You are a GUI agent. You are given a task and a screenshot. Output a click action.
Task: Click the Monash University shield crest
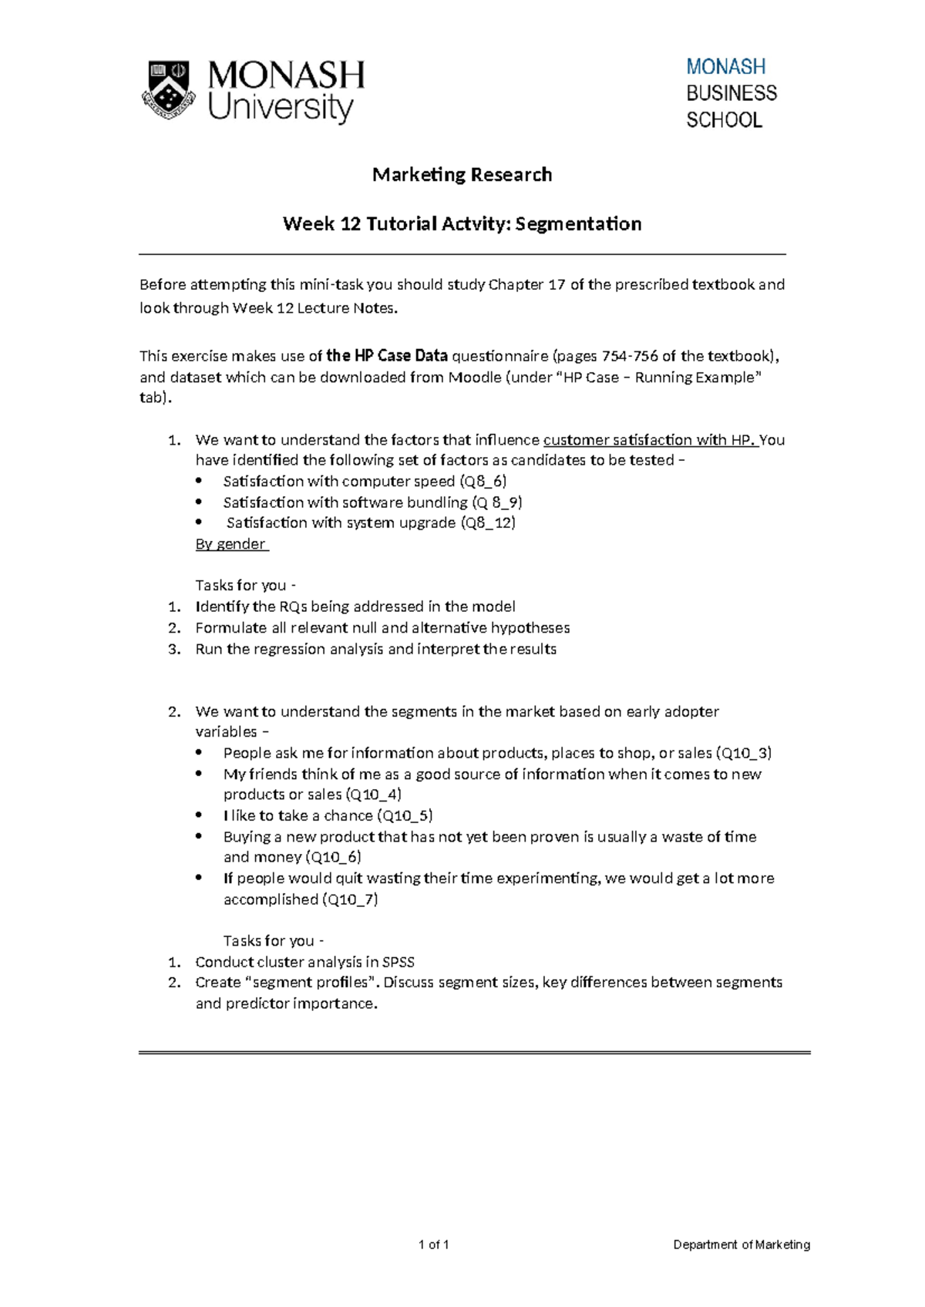click(x=166, y=89)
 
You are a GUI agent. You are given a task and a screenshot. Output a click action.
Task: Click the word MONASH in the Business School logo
click(x=725, y=67)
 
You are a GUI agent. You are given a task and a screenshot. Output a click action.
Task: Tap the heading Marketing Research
click(x=462, y=175)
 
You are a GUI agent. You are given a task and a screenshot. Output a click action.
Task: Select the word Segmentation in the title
click(x=578, y=224)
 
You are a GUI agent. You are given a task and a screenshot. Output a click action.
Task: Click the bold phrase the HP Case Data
click(x=386, y=356)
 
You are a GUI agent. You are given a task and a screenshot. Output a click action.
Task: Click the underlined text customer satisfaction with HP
click(x=649, y=440)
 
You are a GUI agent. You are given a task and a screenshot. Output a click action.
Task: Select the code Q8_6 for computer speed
click(x=483, y=482)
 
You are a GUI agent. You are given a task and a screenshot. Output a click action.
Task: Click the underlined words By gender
click(x=230, y=544)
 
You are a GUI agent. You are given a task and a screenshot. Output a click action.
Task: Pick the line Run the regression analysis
click(x=375, y=649)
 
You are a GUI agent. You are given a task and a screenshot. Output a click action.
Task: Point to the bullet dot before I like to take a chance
click(x=200, y=815)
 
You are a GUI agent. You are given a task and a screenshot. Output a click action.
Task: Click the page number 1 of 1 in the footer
click(x=433, y=1245)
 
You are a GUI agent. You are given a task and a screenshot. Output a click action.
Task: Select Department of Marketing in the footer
click(x=742, y=1245)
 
